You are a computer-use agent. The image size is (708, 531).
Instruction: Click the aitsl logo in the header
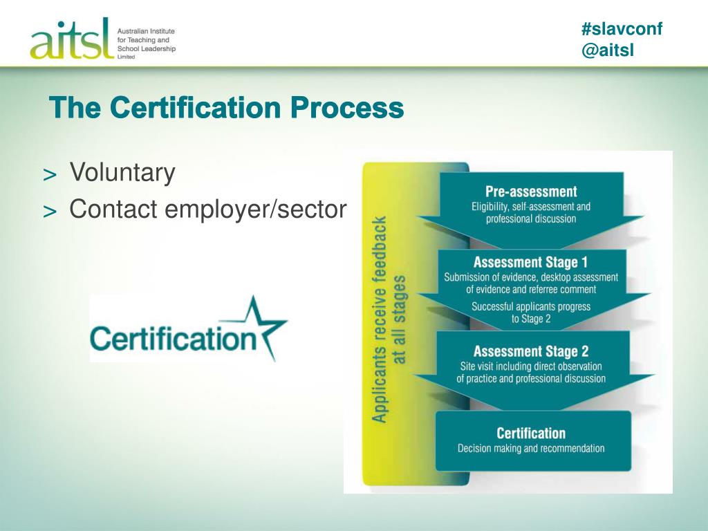(71, 40)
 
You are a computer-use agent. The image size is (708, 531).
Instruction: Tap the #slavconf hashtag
(622, 29)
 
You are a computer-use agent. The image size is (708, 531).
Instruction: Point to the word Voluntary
(122, 172)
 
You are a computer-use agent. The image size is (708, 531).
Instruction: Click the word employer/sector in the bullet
(275, 208)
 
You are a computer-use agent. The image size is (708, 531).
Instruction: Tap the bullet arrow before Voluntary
(50, 175)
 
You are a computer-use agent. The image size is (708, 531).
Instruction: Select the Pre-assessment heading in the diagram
(531, 192)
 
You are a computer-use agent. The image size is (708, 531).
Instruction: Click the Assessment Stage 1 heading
(530, 263)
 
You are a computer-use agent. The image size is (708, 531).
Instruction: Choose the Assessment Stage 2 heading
(531, 351)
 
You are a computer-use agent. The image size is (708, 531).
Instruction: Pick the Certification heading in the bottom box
(531, 434)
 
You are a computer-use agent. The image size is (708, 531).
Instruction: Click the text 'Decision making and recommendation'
(531, 449)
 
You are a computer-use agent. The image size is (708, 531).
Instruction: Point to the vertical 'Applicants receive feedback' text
(380, 318)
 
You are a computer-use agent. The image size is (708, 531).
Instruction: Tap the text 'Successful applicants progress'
(531, 306)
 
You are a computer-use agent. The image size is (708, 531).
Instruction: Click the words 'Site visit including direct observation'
(531, 366)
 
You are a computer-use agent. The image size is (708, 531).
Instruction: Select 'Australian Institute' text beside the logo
(146, 31)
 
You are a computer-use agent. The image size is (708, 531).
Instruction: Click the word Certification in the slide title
(196, 108)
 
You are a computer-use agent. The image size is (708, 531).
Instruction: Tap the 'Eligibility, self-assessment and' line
(531, 206)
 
